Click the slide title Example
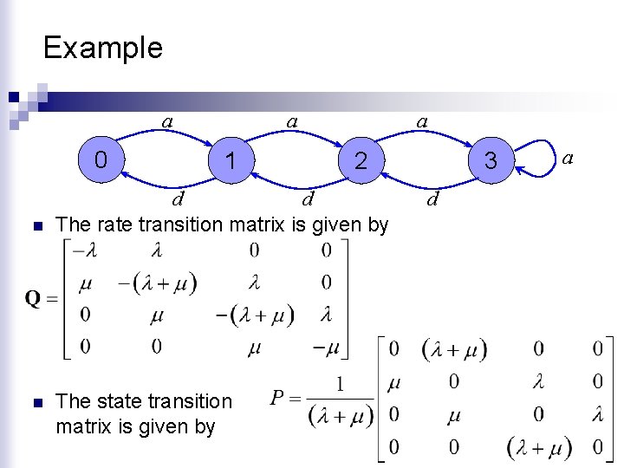(x=102, y=47)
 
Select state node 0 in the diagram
(x=101, y=159)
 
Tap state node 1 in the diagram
(x=230, y=160)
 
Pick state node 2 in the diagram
(x=361, y=160)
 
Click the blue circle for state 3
(x=491, y=160)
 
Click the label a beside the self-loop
(x=569, y=158)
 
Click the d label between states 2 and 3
(x=433, y=201)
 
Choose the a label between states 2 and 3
(x=422, y=121)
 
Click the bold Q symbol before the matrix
(x=33, y=299)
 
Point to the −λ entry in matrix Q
(x=85, y=251)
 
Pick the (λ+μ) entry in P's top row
(x=454, y=349)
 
